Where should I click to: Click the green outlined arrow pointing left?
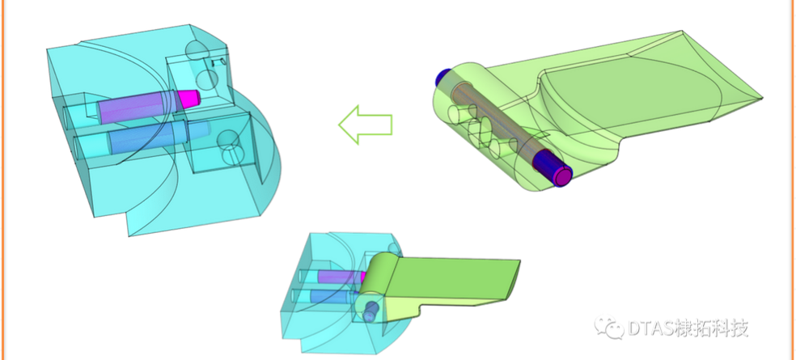point(365,125)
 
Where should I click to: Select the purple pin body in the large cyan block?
point(137,107)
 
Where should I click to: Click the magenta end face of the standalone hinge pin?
point(562,176)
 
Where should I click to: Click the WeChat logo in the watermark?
point(609,327)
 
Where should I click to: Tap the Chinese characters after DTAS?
point(713,328)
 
